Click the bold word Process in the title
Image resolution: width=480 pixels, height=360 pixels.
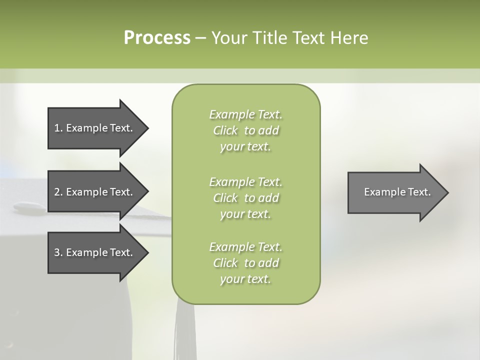[157, 38]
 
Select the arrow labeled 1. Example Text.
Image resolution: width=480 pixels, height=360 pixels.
[95, 128]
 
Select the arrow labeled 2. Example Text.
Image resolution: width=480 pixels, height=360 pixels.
[95, 192]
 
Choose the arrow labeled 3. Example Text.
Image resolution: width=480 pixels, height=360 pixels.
[95, 252]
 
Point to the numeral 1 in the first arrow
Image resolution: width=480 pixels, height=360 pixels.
[57, 128]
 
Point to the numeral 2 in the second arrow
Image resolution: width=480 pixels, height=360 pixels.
[57, 192]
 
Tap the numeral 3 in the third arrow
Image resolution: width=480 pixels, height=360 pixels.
[57, 252]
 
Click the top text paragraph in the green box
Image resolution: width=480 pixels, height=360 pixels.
[245, 130]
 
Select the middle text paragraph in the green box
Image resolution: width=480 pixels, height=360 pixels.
[245, 197]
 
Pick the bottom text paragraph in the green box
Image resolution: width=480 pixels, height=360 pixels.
[245, 263]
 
